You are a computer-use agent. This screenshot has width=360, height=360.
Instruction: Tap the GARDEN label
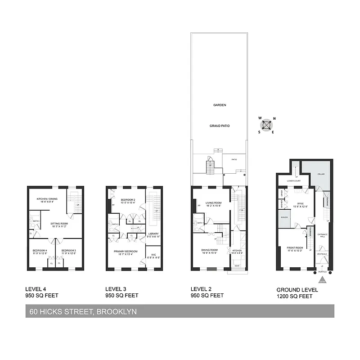point(220,105)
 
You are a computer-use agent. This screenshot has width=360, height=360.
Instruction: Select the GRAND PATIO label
point(220,126)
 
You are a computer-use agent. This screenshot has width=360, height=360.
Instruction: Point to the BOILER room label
point(284,217)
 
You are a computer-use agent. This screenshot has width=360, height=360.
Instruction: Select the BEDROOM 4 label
point(40,250)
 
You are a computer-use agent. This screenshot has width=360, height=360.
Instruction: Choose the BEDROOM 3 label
point(68,250)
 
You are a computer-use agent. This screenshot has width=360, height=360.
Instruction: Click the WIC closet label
point(153,255)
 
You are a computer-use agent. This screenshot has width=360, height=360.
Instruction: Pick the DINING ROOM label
point(209,250)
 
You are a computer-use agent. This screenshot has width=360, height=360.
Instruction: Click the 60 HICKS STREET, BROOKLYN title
point(83,311)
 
